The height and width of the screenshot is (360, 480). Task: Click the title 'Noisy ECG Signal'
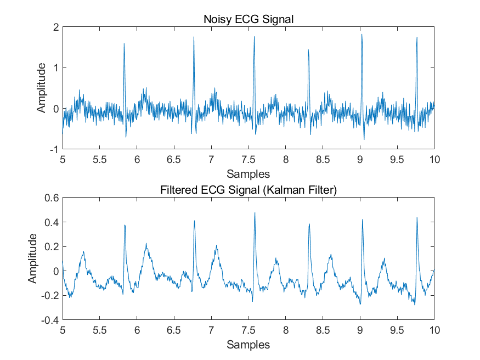point(249,20)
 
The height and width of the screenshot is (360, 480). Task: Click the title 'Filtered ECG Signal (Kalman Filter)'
point(249,190)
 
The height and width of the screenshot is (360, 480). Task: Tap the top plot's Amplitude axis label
point(41,88)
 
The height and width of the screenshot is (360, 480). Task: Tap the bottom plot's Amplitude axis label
point(33,258)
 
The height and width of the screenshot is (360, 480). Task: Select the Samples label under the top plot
point(249,174)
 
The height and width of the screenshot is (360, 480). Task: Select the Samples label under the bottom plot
point(249,345)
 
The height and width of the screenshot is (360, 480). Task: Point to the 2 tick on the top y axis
point(55,27)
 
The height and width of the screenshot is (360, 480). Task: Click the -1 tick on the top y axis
point(54,149)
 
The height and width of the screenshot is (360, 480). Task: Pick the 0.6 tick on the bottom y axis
point(52,198)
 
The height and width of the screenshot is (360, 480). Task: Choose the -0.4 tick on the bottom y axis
point(50,319)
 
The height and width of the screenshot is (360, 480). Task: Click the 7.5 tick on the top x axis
point(249,160)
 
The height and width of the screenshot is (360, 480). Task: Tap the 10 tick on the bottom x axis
point(434,330)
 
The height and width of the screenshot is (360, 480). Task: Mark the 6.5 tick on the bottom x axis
point(174,330)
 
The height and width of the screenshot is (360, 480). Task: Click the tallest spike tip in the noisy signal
point(362,35)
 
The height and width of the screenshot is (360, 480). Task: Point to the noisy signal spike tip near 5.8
point(124,44)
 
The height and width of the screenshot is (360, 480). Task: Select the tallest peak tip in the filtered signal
point(255,213)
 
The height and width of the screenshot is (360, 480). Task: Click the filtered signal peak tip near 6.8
point(194,221)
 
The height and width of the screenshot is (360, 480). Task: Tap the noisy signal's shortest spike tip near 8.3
point(308,50)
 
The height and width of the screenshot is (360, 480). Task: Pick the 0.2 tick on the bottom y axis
point(52,246)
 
